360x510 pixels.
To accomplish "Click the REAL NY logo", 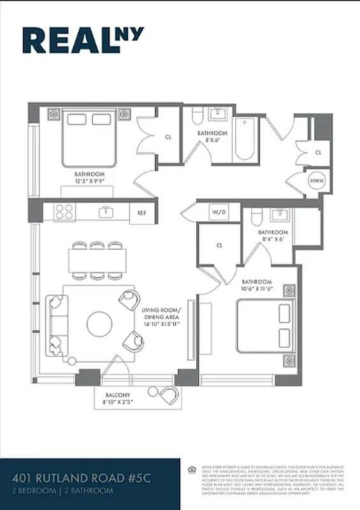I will tap(83, 40).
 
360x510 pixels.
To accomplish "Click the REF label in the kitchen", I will tap(141, 213).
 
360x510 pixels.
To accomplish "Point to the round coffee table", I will tap(99, 323).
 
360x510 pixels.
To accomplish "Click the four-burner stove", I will tap(64, 212).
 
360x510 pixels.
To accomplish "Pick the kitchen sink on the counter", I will tap(106, 212).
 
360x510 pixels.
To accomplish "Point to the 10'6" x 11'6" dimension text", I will tap(257, 289).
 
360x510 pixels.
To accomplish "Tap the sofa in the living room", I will tap(55, 324).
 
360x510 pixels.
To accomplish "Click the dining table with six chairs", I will tap(97, 260).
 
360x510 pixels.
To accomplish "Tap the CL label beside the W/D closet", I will tap(219, 245).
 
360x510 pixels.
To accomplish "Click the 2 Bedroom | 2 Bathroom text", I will tap(63, 491).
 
